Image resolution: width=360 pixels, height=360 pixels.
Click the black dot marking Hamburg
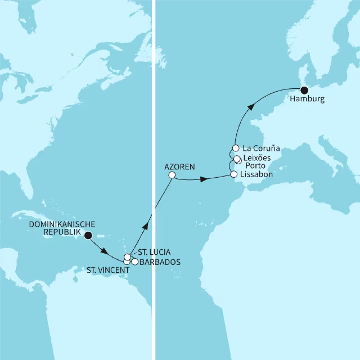pos(304,89)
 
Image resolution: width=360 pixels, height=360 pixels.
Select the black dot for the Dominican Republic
pos(88,236)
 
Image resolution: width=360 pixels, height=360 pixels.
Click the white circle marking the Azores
pos(172,175)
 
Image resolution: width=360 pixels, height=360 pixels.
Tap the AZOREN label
pos(179,166)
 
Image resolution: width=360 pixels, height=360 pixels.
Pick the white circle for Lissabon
pos(234,174)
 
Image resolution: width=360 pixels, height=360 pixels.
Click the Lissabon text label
pos(256,174)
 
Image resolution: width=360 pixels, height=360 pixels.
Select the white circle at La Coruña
pos(236,148)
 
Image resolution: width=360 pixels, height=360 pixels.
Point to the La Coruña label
pos(262,148)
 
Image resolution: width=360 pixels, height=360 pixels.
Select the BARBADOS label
pos(161,262)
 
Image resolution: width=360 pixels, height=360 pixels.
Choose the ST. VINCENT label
pos(108,271)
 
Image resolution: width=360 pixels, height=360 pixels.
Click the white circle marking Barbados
pos(135,262)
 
